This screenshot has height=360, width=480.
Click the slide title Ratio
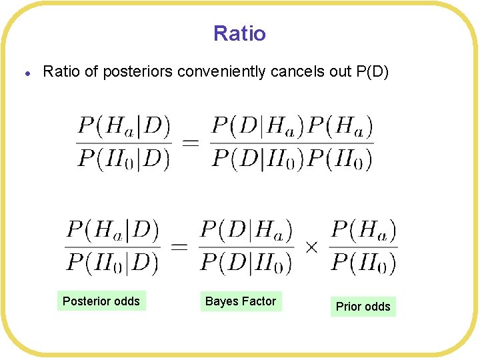click(x=239, y=33)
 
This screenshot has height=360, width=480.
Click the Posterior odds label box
click(x=101, y=301)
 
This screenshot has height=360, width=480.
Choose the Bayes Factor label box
click(x=241, y=301)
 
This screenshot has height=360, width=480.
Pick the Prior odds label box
click(x=363, y=307)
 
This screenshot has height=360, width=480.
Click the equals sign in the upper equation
click(x=190, y=142)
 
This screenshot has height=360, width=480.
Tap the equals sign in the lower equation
click(x=179, y=247)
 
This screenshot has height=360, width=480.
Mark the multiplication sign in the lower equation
click(x=311, y=247)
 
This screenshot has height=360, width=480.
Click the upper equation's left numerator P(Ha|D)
click(x=124, y=125)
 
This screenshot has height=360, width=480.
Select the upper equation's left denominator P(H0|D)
click(x=124, y=159)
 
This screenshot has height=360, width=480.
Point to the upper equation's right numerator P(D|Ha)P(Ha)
click(x=292, y=125)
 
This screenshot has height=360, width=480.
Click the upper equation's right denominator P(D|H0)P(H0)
click(x=292, y=159)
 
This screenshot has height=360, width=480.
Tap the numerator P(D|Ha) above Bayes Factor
click(x=246, y=231)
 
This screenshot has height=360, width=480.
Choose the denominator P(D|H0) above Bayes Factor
click(x=246, y=263)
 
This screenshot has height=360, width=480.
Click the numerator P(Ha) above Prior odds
click(x=364, y=231)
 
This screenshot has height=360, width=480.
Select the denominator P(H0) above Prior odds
click(x=364, y=263)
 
